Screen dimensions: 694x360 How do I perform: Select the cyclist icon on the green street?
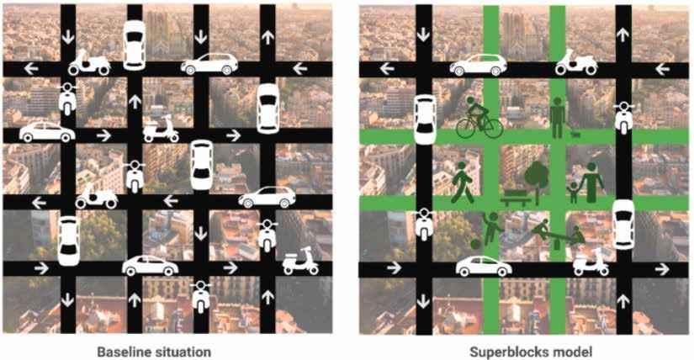[479, 118]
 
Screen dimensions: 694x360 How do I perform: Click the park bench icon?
[516, 198]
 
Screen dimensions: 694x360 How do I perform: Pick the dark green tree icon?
[537, 177]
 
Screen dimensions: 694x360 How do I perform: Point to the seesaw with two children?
[559, 234]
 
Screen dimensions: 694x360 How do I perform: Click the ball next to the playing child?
[475, 245]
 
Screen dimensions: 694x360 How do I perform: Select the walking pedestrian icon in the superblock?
[462, 183]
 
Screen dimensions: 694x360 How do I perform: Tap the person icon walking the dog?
[557, 118]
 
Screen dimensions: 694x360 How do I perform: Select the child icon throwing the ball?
[492, 229]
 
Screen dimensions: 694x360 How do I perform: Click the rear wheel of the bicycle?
[467, 128]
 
